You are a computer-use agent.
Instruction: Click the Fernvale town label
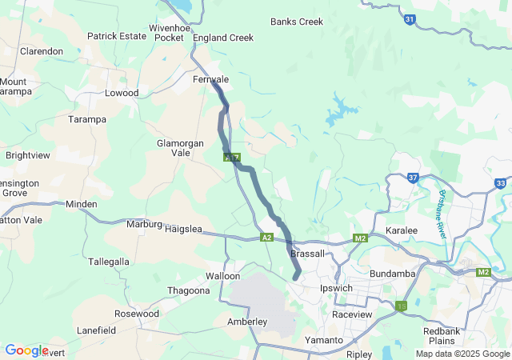211,80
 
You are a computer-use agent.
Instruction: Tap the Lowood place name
122,93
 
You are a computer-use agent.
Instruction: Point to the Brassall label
308,254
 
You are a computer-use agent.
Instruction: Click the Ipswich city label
336,288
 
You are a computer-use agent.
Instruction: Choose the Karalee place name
402,230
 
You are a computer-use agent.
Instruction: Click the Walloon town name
222,276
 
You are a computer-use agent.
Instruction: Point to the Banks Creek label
297,22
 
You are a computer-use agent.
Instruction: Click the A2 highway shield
267,238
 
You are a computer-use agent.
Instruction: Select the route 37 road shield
413,178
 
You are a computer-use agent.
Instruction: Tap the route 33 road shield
500,183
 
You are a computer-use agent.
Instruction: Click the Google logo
26,350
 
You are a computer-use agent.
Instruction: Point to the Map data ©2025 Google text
462,354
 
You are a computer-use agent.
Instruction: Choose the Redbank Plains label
442,336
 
